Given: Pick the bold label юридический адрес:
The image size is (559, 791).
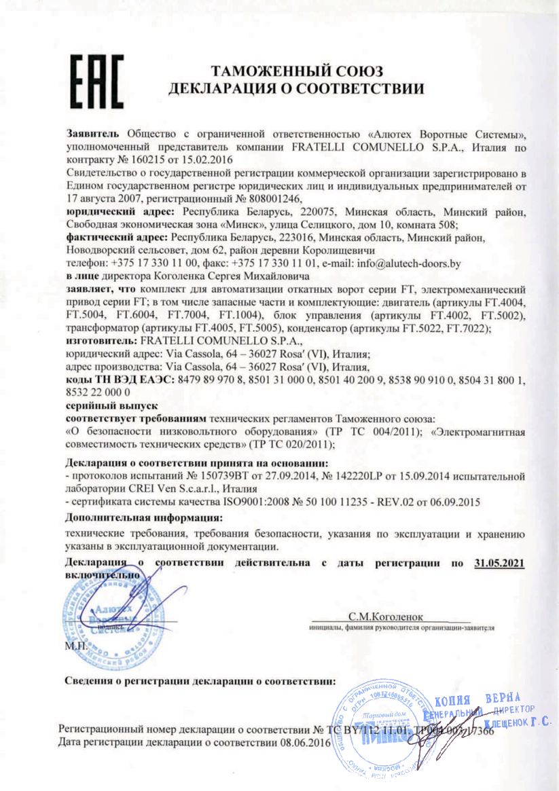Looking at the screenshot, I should (x=112, y=212).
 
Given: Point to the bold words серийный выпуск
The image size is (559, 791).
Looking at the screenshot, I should (x=102, y=405).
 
